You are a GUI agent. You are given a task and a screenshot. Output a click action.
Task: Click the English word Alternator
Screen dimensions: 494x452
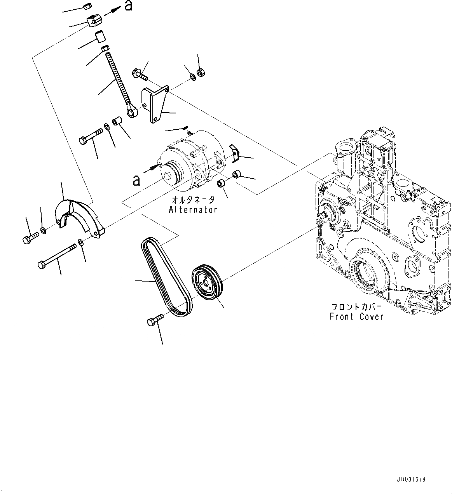click(x=193, y=210)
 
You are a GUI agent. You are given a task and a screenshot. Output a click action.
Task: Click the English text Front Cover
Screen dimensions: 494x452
click(x=356, y=317)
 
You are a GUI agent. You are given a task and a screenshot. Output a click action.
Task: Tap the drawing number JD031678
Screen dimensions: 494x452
click(x=411, y=480)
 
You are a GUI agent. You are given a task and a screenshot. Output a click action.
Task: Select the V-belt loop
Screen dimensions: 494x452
click(x=165, y=277)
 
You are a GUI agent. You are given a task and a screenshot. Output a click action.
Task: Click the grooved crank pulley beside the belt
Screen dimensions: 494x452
click(x=207, y=282)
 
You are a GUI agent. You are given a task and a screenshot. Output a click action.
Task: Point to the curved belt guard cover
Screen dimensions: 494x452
click(x=80, y=217)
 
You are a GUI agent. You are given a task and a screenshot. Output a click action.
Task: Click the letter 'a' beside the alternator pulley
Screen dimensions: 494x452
click(x=136, y=180)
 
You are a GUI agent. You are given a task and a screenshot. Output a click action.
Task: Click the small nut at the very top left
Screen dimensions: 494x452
click(x=87, y=6)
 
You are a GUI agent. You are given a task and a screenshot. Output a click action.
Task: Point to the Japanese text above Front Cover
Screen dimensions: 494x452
click(x=355, y=306)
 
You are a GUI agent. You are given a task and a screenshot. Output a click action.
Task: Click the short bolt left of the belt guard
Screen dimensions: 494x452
click(x=30, y=237)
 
